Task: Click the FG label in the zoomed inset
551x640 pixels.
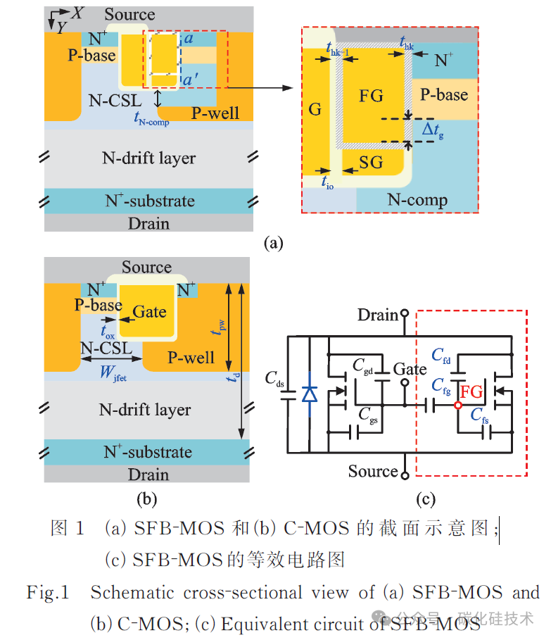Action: [371, 96]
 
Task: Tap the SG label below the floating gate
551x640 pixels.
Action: [371, 163]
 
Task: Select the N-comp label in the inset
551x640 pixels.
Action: [417, 200]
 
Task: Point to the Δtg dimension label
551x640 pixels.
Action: [433, 131]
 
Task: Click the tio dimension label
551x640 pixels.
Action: [327, 182]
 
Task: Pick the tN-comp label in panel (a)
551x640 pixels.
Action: [151, 119]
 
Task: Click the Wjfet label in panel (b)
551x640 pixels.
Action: [113, 372]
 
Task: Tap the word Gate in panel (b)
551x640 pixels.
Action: [149, 312]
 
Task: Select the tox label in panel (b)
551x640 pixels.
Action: [108, 331]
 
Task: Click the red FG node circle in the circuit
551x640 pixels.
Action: [458, 406]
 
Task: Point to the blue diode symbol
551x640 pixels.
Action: [310, 394]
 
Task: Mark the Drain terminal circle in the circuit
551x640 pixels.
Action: [405, 313]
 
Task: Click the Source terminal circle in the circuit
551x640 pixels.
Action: [405, 475]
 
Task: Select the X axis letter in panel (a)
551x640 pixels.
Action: [77, 13]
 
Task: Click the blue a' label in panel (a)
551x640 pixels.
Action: [191, 80]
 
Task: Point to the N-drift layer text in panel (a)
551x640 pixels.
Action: [149, 158]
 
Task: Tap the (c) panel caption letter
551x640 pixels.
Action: [425, 499]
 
